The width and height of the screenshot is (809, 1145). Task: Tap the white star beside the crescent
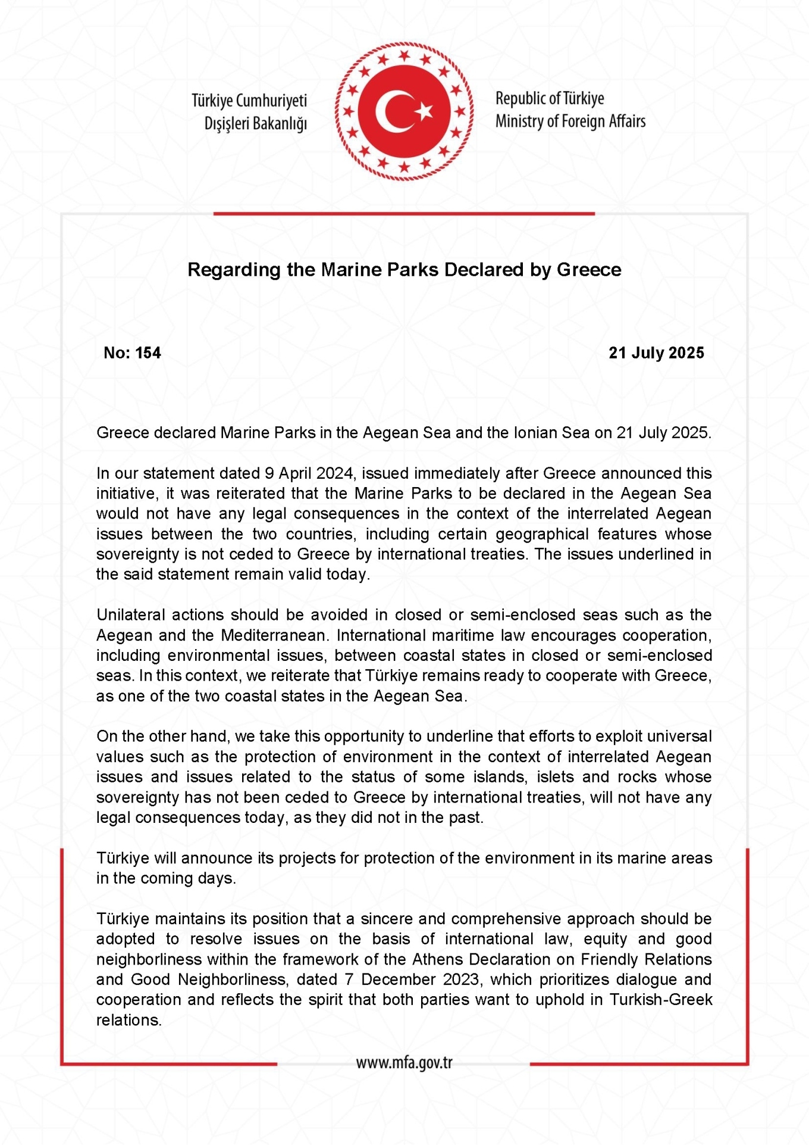point(424,111)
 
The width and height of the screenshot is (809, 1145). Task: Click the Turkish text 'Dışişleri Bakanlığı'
point(256,123)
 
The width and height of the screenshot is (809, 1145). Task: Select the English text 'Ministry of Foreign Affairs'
point(570,121)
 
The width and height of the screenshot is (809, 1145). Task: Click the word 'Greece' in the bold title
point(589,270)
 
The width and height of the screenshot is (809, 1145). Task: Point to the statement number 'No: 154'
point(132,353)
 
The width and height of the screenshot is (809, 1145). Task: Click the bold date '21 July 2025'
point(656,353)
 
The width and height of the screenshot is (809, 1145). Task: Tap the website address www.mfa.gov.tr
point(404,1063)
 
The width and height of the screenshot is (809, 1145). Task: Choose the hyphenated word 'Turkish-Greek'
point(660,1000)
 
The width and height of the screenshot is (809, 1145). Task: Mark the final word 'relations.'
point(129,1020)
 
